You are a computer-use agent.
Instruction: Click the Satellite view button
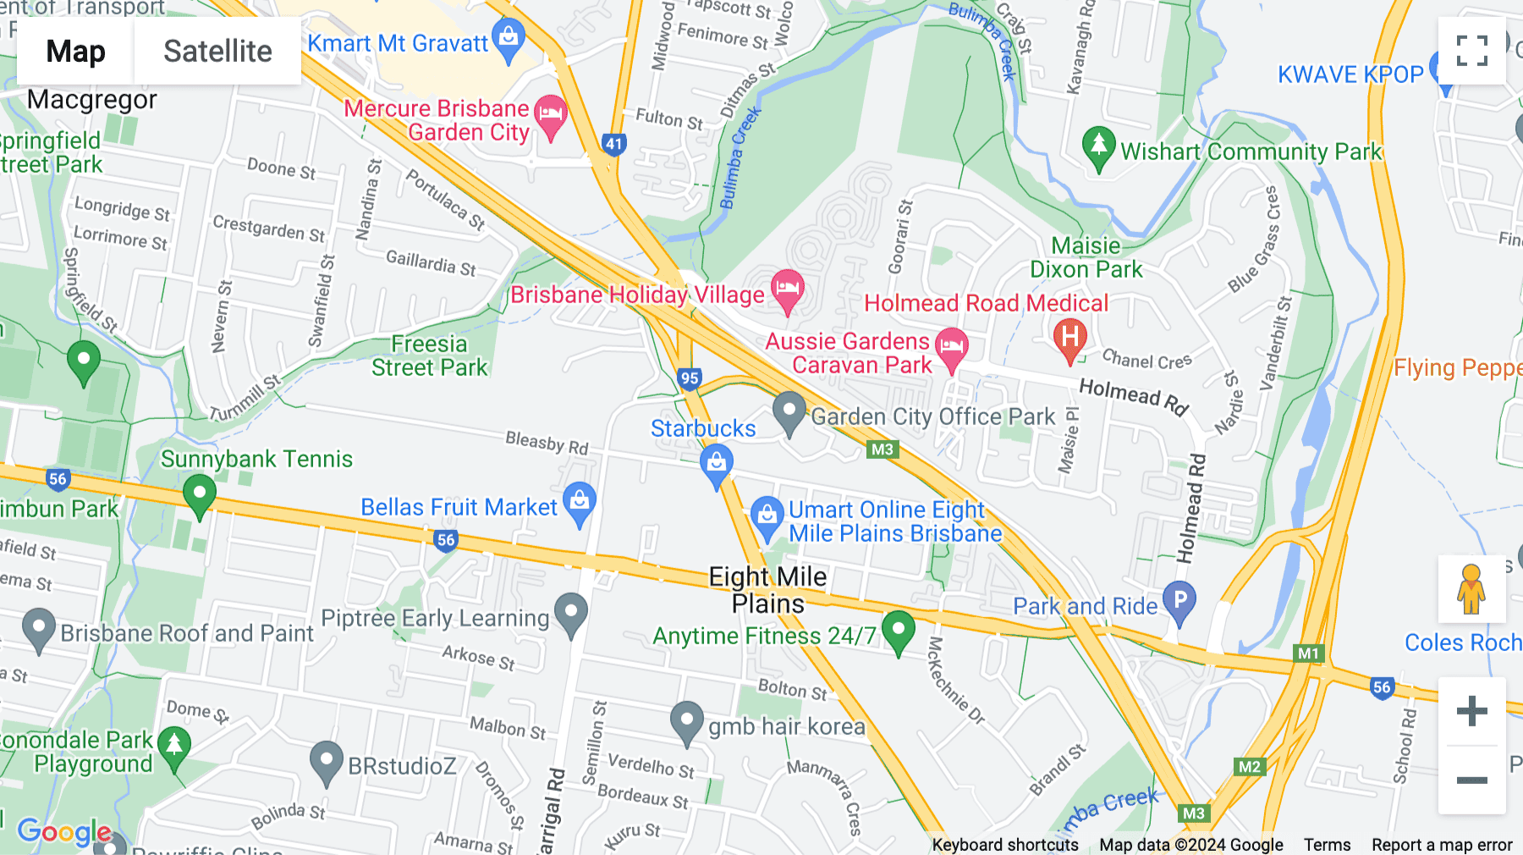click(x=217, y=52)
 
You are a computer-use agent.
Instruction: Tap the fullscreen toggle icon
click(x=1471, y=51)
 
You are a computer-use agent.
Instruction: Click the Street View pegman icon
click(x=1471, y=589)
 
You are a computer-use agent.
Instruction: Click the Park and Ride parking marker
click(x=1179, y=601)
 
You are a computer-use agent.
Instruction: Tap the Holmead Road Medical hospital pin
click(x=1069, y=338)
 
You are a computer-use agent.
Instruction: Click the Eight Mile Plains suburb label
click(x=767, y=590)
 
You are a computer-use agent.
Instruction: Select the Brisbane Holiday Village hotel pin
click(x=787, y=290)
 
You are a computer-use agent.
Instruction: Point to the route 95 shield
click(x=690, y=378)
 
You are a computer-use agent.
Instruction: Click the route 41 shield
click(x=613, y=144)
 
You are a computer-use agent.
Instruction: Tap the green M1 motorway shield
click(x=1308, y=653)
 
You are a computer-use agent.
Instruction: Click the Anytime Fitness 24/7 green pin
click(x=898, y=631)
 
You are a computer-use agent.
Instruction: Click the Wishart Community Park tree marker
click(x=1097, y=147)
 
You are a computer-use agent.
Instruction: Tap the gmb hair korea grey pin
click(x=686, y=722)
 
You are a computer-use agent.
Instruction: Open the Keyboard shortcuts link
click(x=1004, y=845)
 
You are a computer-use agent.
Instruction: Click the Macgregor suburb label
click(x=91, y=100)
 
